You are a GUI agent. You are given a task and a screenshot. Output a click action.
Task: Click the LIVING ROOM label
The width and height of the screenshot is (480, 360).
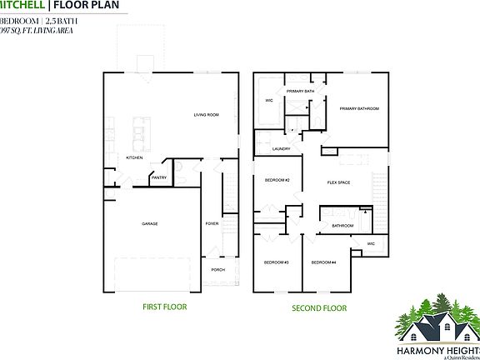tap(206, 114)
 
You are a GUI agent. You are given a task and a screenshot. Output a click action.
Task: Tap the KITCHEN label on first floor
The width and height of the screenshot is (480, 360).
tap(135, 157)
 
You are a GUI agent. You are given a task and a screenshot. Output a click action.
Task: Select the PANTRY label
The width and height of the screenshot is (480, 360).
tap(158, 177)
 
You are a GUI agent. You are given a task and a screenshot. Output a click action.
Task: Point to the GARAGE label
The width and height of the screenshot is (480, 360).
tap(150, 223)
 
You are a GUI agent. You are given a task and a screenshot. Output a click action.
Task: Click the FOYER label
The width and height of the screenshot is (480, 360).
tap(212, 223)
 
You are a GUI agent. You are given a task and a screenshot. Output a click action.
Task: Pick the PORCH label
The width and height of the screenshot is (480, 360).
tap(217, 270)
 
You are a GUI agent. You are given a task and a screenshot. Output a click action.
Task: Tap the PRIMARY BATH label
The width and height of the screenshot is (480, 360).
tap(300, 91)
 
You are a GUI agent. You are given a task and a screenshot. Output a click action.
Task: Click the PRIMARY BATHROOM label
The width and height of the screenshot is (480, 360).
tap(359, 109)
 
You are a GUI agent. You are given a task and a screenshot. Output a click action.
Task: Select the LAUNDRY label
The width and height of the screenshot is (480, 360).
tap(281, 149)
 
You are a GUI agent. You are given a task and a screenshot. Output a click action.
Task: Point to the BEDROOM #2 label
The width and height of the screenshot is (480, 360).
tap(277, 181)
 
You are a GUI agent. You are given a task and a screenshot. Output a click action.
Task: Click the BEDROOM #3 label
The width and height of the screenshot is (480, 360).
tap(277, 262)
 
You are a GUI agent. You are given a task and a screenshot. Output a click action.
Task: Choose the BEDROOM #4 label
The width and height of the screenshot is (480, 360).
tap(323, 262)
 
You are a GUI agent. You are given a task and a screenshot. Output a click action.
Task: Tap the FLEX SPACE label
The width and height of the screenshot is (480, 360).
tap(338, 182)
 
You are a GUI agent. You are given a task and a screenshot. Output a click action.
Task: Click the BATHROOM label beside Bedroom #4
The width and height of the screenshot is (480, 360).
tap(342, 225)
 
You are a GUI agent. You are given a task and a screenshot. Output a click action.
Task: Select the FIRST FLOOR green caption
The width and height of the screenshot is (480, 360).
tap(164, 307)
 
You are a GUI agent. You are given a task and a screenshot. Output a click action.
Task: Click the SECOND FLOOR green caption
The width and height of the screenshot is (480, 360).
tap(318, 307)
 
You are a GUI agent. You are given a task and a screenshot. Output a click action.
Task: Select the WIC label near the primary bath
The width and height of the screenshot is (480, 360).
tap(269, 101)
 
